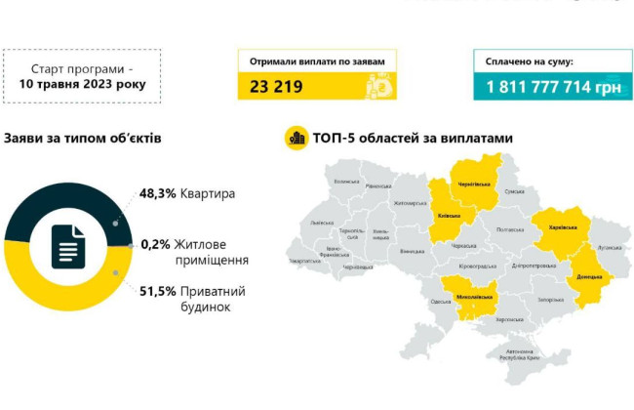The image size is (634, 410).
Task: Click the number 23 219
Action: (x=276, y=87)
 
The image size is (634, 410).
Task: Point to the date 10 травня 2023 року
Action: (x=82, y=84)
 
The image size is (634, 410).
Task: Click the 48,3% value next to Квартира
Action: (x=157, y=193)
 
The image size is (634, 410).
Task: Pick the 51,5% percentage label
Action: (x=157, y=291)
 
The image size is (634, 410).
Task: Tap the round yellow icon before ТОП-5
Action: (x=296, y=139)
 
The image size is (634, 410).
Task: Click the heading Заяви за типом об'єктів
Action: (x=82, y=139)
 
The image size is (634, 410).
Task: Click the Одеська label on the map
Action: (x=440, y=302)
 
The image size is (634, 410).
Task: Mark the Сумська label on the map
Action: (x=514, y=194)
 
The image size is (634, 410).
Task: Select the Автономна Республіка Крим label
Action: (x=519, y=353)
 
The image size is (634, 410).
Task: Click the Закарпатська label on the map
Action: (x=305, y=261)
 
